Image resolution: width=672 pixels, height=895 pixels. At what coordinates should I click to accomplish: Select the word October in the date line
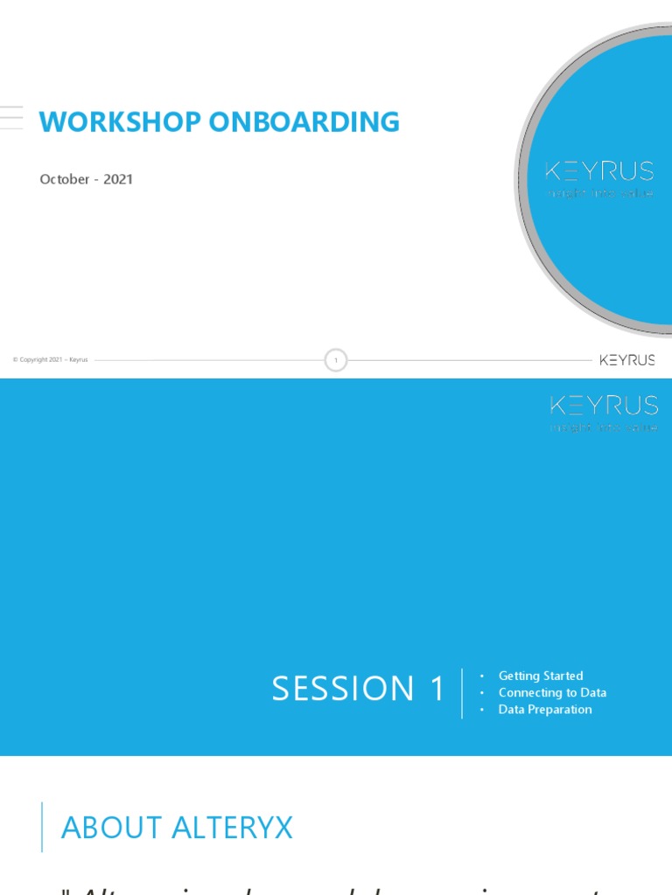pyautogui.click(x=65, y=179)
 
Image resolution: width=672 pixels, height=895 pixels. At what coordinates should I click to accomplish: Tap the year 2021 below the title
pyautogui.click(x=118, y=179)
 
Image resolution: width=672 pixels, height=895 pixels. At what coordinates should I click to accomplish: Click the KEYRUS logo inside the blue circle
pyautogui.click(x=599, y=170)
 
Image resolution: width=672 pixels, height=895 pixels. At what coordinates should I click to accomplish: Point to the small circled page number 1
pyautogui.click(x=336, y=360)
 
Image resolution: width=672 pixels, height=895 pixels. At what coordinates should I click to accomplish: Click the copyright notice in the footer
pyautogui.click(x=51, y=360)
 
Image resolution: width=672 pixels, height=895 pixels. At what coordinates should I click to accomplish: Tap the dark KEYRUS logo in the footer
pyautogui.click(x=627, y=360)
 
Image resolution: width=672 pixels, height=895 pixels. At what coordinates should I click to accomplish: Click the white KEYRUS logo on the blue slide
pyautogui.click(x=604, y=405)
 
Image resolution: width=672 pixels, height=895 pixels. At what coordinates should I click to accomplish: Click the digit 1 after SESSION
pyautogui.click(x=437, y=689)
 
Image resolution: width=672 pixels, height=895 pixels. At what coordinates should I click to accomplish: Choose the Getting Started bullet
pyautogui.click(x=541, y=676)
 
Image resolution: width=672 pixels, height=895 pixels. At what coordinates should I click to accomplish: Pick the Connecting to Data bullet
pyautogui.click(x=552, y=692)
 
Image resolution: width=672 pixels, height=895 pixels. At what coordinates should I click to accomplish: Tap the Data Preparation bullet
pyautogui.click(x=545, y=710)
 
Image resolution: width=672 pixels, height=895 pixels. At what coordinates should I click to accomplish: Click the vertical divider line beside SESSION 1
pyautogui.click(x=462, y=693)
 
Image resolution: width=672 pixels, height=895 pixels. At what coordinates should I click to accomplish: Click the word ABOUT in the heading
pyautogui.click(x=112, y=828)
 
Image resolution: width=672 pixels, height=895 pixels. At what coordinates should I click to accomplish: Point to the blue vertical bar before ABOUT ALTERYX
pyautogui.click(x=42, y=827)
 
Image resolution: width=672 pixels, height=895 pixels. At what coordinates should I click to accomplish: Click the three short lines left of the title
pyautogui.click(x=11, y=117)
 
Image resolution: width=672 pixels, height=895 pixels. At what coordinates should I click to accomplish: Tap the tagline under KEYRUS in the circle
pyautogui.click(x=600, y=193)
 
